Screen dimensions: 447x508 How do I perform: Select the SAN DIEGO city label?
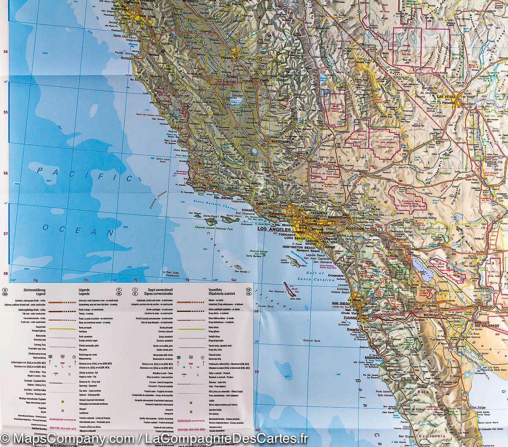pyautogui.click(x=341, y=304)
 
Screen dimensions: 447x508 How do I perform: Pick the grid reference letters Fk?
pyautogui.click(x=187, y=280)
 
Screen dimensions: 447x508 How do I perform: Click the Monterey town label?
pyautogui.click(x=126, y=58)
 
